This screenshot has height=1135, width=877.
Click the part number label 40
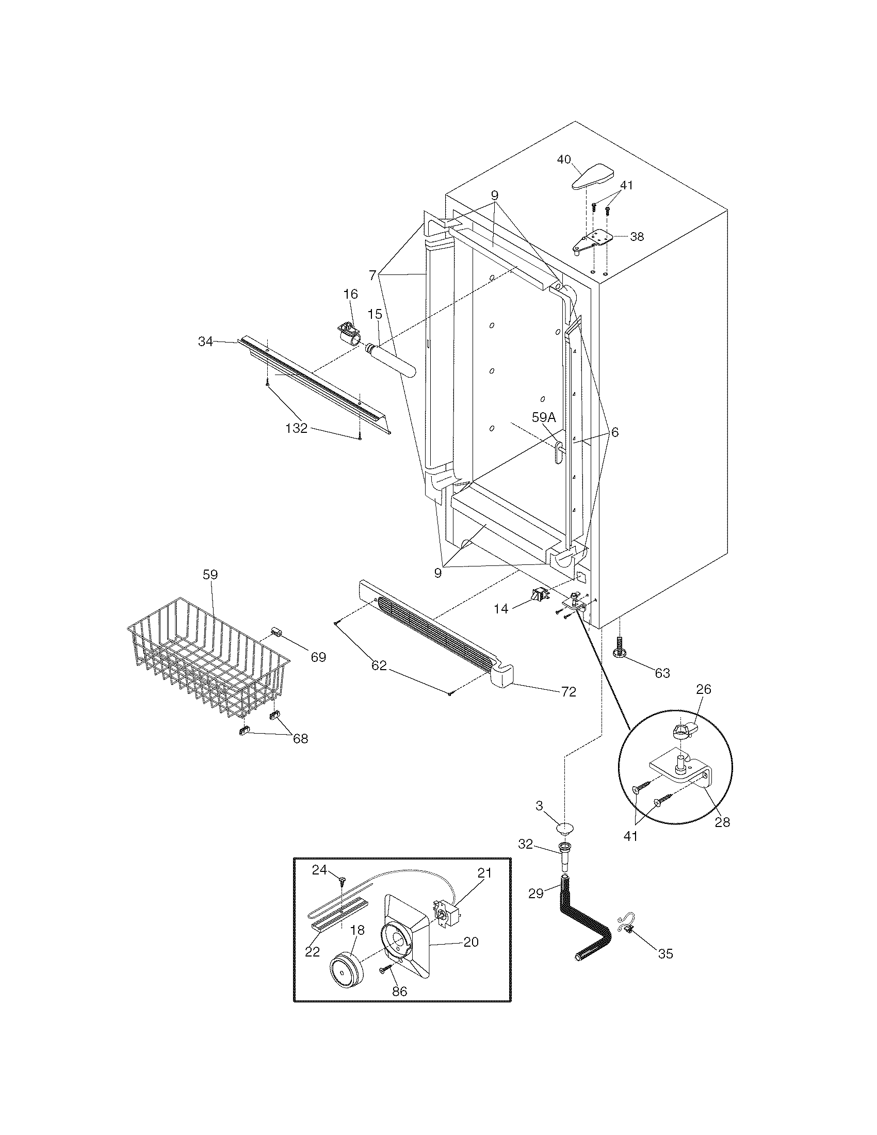coord(564,159)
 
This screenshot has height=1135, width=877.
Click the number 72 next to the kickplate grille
coord(569,692)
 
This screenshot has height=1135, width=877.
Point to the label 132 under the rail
coord(297,429)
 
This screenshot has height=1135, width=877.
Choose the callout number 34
coord(205,342)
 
